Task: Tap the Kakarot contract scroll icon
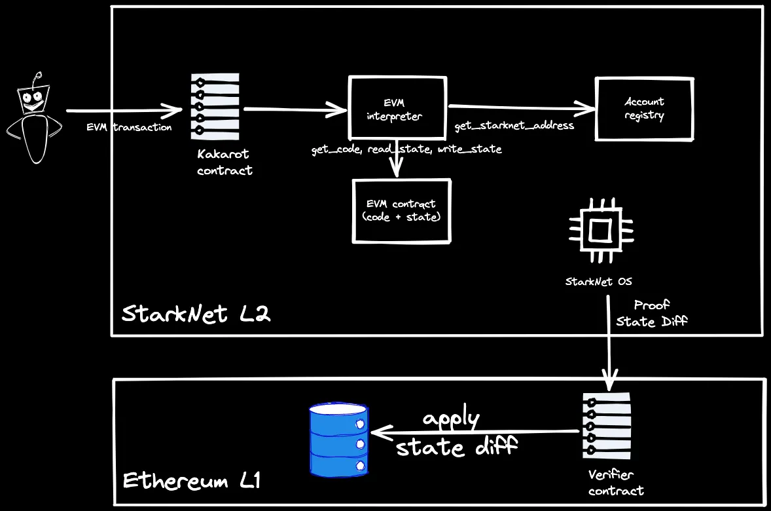click(215, 106)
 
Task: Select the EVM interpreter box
click(398, 109)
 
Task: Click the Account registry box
click(644, 109)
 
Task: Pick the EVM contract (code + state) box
click(402, 211)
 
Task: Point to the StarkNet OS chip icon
click(600, 231)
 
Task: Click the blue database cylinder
click(338, 440)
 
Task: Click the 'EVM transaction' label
click(129, 127)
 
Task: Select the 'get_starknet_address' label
click(514, 125)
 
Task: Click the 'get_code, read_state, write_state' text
click(406, 149)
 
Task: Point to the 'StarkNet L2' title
click(196, 314)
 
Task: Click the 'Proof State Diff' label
click(652, 313)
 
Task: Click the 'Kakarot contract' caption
click(224, 162)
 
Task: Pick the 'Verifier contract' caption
click(615, 483)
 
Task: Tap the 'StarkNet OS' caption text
click(599, 282)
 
